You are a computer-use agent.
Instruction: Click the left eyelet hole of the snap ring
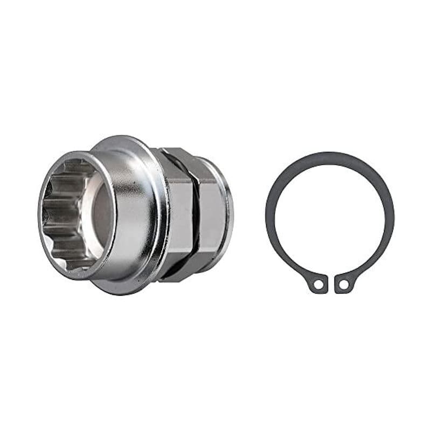[x=318, y=283]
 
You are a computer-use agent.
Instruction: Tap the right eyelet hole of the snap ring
[x=342, y=283]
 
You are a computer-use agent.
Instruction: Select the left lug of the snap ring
[x=318, y=283]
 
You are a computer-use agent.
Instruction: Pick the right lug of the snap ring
[x=343, y=283]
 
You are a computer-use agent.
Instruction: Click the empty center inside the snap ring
[x=330, y=215]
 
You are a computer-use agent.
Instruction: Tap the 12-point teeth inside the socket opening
[x=62, y=215]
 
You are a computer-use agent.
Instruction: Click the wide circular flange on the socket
[x=154, y=215]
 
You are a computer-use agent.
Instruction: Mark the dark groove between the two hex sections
[x=196, y=215]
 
